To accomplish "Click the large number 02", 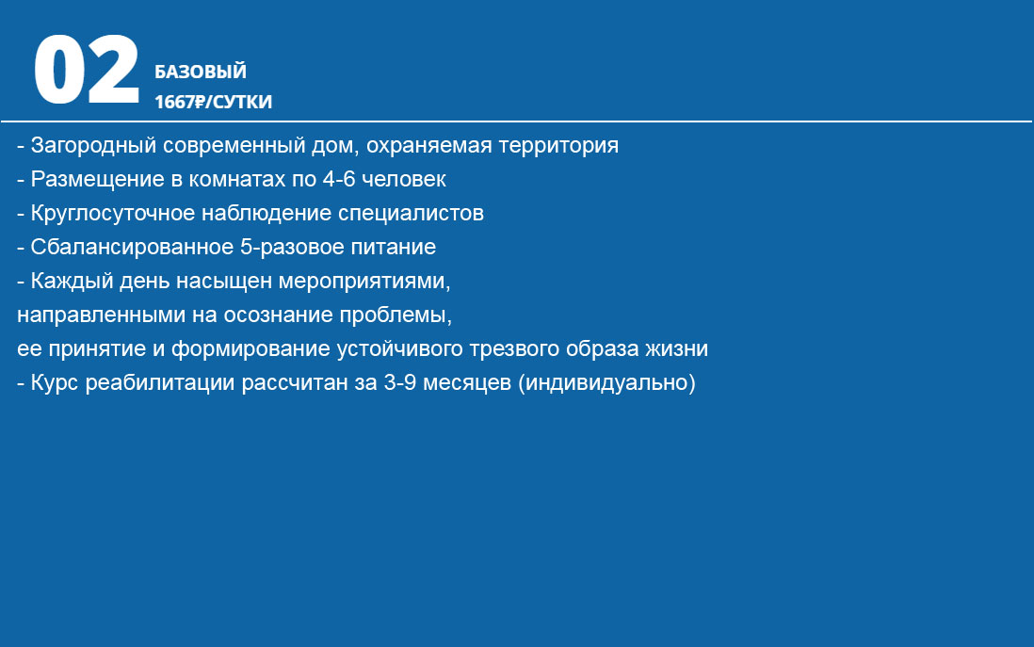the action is click(x=87, y=70).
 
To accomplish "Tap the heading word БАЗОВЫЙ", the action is click(x=201, y=72).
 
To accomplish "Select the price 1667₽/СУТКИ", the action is click(x=213, y=102).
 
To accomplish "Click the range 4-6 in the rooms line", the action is click(x=339, y=179).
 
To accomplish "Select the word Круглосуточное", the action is click(x=113, y=214).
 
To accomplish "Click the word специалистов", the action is click(x=411, y=214).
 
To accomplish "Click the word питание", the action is click(x=393, y=247).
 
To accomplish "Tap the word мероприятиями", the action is click(x=364, y=282).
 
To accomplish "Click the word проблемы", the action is click(x=396, y=315).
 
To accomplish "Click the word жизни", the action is click(x=676, y=348).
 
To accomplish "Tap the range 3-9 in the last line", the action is click(x=399, y=382).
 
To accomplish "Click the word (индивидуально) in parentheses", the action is click(x=606, y=382).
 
